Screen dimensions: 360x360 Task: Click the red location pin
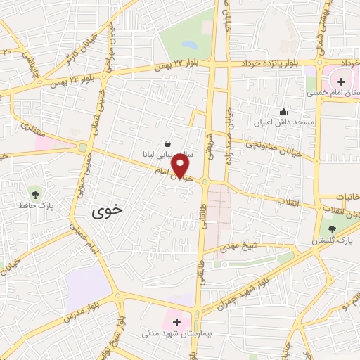181,166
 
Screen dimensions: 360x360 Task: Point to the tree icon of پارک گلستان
333,229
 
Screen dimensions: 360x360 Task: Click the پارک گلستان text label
334,241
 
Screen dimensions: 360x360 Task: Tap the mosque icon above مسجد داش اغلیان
283,111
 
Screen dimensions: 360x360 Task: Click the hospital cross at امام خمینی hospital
341,82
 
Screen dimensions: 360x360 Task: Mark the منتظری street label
32,128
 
